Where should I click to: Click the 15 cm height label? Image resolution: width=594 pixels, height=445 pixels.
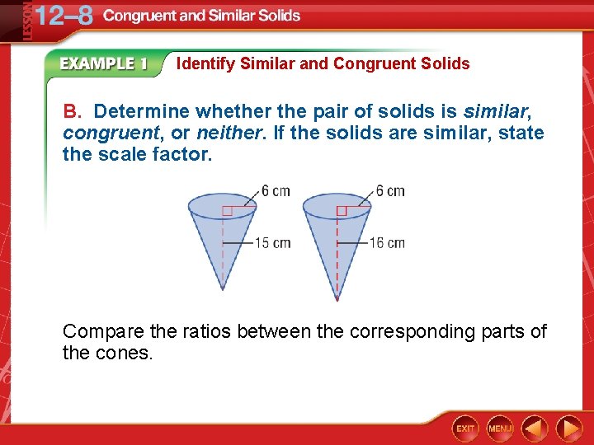[271, 243]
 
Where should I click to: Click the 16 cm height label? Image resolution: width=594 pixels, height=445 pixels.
[386, 243]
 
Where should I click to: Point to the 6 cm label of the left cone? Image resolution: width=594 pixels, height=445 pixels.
[276, 191]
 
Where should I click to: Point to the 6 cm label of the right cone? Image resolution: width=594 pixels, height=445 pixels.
[390, 191]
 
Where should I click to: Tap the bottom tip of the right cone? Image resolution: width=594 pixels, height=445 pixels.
[337, 298]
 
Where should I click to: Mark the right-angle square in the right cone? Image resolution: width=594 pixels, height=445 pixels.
[341, 212]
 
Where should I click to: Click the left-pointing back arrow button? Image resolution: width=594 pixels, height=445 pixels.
[535, 428]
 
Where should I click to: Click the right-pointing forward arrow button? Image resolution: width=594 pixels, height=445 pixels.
[569, 428]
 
